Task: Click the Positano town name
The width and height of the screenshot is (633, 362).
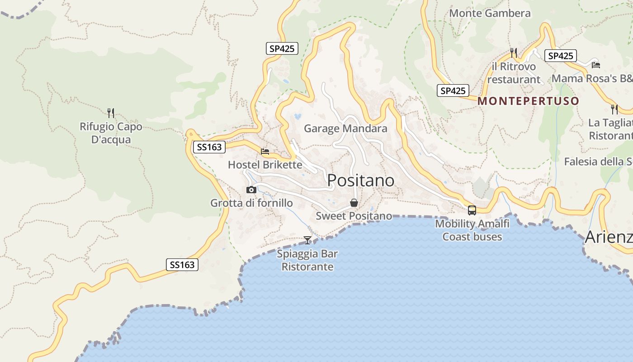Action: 360,181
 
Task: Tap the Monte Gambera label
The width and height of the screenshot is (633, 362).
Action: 489,13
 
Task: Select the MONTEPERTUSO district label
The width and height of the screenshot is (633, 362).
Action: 528,101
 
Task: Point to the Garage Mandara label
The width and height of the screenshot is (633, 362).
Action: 345,129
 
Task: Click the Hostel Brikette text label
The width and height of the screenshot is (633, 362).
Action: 265,165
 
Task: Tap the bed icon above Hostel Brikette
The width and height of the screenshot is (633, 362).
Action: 265,152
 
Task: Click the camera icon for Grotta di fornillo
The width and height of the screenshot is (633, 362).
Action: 251,190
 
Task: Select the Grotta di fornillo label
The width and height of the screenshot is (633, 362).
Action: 251,203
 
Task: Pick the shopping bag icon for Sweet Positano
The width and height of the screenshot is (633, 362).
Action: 354,203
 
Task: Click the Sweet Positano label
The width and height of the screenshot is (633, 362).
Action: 354,216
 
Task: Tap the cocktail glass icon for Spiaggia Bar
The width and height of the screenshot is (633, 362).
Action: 307,240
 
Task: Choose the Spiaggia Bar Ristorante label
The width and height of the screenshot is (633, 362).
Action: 307,260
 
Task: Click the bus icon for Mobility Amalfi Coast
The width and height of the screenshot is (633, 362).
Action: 472,210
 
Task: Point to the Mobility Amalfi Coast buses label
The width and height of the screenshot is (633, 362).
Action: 472,230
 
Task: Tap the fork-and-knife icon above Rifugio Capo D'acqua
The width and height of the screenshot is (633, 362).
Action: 111,113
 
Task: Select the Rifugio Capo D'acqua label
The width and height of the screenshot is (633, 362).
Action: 111,133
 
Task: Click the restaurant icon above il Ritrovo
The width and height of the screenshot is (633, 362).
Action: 513,53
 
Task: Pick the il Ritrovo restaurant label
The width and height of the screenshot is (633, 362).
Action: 514,73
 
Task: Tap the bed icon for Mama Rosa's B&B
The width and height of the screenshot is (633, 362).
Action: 596,65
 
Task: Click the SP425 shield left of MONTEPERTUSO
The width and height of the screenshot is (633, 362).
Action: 453,90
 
